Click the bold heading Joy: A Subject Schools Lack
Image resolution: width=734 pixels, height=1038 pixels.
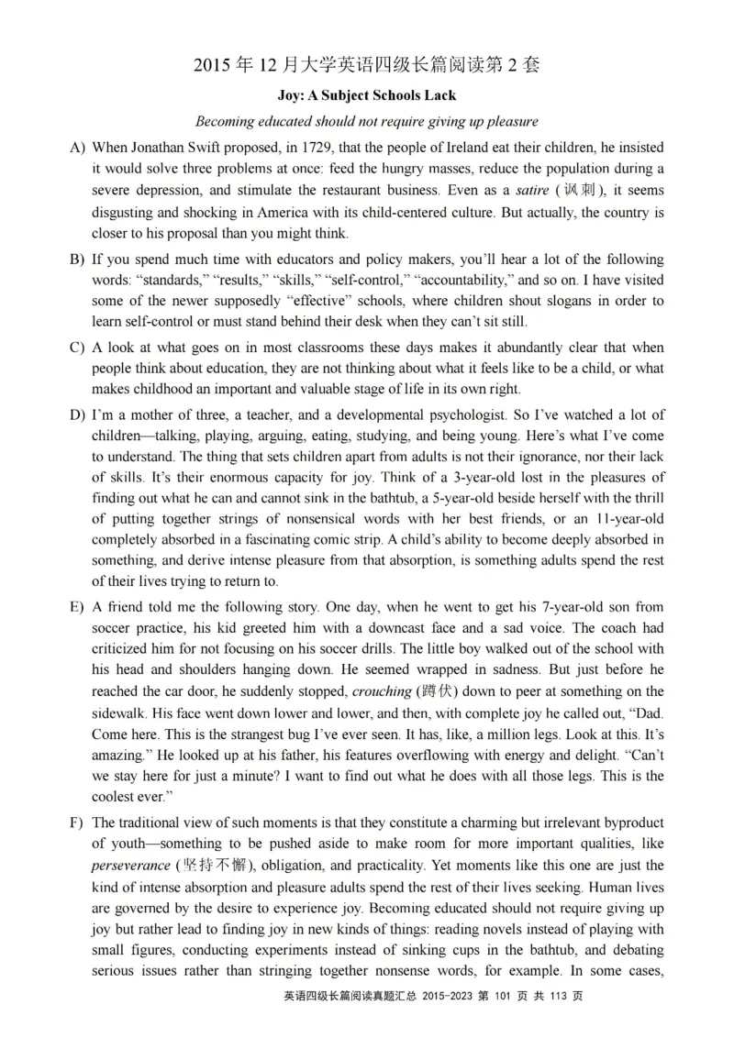coord(367,95)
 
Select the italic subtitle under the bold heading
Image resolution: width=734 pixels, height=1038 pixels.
coord(367,121)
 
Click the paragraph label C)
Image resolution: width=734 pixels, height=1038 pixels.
coord(77,348)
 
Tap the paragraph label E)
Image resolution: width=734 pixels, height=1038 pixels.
coord(77,607)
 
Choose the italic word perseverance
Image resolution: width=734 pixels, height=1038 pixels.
coord(131,866)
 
